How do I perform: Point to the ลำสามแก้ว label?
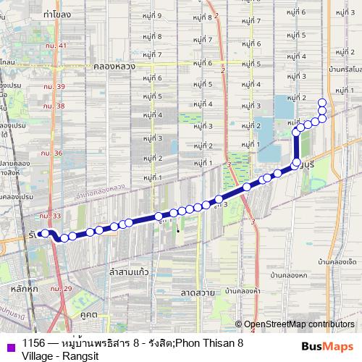tap(129, 271)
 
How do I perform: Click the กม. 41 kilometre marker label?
tap(54, 46)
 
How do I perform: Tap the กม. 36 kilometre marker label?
tap(51, 153)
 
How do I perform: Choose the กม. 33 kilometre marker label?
tap(49, 216)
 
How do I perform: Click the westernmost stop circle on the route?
tap(44, 233)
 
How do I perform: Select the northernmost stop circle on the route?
tap(322, 102)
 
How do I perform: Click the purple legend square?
tap(9, 345)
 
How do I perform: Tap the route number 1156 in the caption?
tap(34, 342)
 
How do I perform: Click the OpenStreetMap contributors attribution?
tap(299, 324)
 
